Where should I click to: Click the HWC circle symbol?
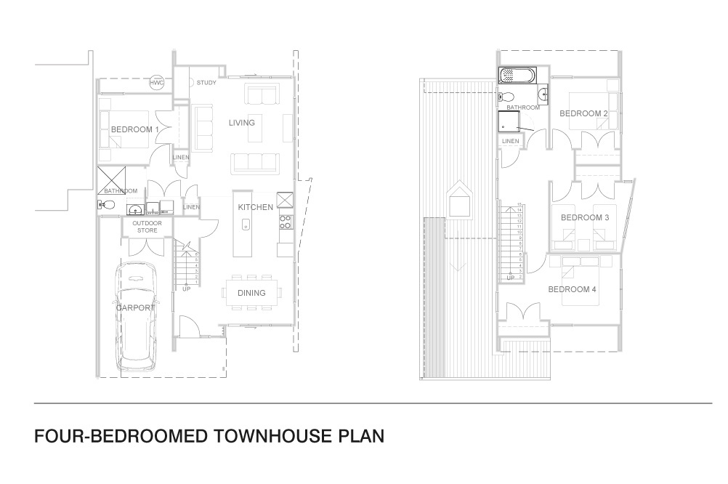pos(157,83)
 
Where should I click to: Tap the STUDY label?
pos(206,83)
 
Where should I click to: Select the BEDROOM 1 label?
pos(134,129)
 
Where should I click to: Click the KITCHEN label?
pos(256,207)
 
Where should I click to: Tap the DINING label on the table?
pos(251,293)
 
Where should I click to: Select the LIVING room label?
pos(242,122)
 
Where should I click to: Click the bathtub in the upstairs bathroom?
pos(517,75)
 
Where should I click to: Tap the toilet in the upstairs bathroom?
pos(507,97)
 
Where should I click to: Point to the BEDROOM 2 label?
pos(583,113)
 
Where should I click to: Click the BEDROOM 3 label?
pos(585,217)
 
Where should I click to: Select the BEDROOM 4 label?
pos(572,289)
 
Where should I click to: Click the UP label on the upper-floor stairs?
pos(510,277)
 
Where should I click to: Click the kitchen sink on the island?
pos(246,224)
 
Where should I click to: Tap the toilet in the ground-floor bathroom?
pos(102,206)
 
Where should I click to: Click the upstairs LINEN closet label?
pos(510,141)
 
